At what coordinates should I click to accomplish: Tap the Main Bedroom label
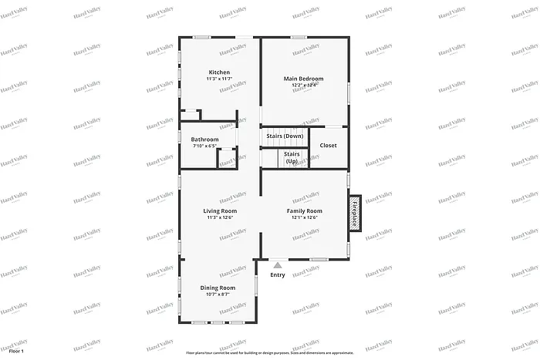[x=303, y=79]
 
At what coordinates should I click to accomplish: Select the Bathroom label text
[x=204, y=140]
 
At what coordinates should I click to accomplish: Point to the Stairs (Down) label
[x=285, y=136]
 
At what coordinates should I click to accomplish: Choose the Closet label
[x=328, y=145]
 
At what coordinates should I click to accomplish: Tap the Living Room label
[x=220, y=210]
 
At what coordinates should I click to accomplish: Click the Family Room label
[x=304, y=210]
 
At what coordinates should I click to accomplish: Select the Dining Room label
[x=218, y=288]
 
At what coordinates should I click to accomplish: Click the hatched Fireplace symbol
[x=356, y=212]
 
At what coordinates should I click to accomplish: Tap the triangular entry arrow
[x=278, y=264]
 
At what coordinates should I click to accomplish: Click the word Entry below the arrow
[x=278, y=274]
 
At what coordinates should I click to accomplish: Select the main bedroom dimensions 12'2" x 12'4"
[x=303, y=86]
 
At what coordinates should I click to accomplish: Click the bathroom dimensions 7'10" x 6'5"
[x=204, y=146]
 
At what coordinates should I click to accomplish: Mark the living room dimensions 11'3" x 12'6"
[x=220, y=217]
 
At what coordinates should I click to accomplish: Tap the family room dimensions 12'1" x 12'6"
[x=304, y=217]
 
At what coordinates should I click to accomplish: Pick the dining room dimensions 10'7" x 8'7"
[x=218, y=294]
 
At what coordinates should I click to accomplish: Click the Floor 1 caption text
[x=16, y=351]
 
